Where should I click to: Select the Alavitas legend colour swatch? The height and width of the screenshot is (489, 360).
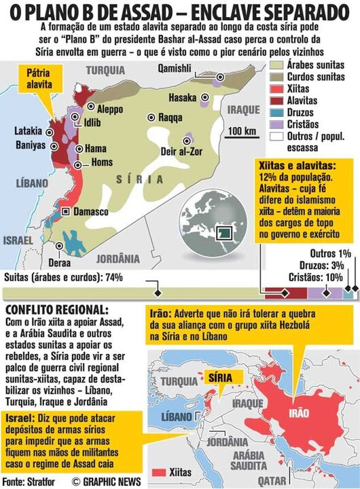point(276,101)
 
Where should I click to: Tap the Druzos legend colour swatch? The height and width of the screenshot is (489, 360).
point(276,113)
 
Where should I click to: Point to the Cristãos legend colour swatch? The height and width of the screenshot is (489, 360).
point(276,125)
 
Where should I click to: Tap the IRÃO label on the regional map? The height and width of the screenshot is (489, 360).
point(299,413)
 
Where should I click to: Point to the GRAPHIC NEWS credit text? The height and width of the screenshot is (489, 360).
point(105,482)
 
